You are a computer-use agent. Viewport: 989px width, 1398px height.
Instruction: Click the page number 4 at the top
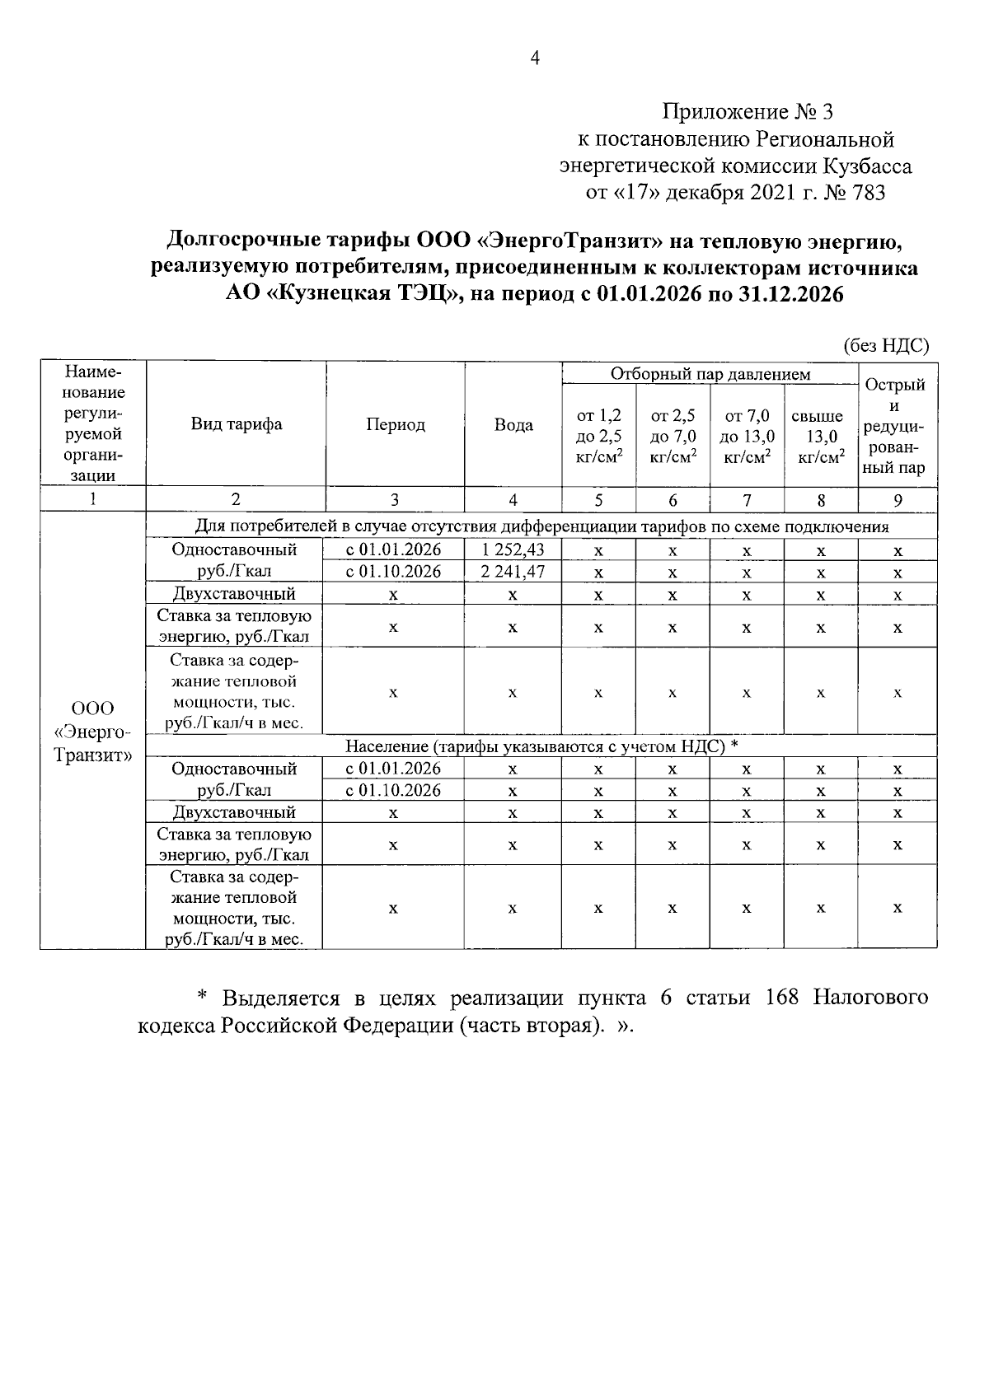[x=534, y=58]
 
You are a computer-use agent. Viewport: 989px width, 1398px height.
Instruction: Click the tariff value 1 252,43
[x=513, y=549]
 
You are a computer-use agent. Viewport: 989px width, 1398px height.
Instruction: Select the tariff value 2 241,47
[x=513, y=572]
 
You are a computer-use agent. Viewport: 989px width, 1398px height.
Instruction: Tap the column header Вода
[x=513, y=425]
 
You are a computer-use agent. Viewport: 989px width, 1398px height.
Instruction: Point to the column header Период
[x=396, y=425]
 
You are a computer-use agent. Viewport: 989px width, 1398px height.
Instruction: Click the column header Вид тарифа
[x=237, y=425]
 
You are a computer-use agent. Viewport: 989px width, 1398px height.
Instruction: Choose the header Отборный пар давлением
[x=710, y=374]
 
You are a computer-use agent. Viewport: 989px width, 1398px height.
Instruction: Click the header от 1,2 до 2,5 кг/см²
[x=598, y=437]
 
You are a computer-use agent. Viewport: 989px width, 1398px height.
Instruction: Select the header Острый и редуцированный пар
[x=897, y=426]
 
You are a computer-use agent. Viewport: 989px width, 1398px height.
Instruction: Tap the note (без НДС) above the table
[x=885, y=346]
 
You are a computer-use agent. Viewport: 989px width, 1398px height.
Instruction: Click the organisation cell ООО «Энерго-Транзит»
[x=92, y=732]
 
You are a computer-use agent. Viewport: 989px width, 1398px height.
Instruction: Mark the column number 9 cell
[x=897, y=500]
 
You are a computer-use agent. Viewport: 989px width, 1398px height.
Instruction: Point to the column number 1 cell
[x=92, y=499]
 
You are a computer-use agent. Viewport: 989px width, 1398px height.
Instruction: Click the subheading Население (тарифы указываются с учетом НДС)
[x=541, y=746]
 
